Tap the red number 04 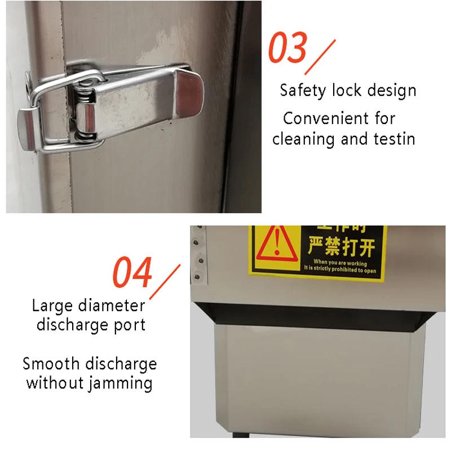[132, 272]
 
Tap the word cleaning [304, 139]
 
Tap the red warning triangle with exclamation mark [275, 244]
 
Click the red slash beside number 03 [320, 56]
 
